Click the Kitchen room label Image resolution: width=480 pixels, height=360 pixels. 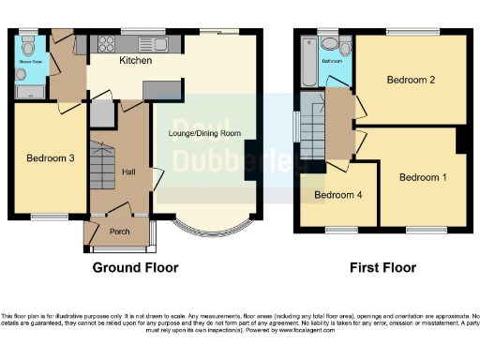click(136, 61)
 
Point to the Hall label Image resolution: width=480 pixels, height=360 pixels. click(129, 171)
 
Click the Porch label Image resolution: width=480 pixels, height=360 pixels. click(120, 231)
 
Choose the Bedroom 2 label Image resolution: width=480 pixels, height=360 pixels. click(412, 80)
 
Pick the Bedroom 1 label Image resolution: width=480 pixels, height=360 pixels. click(423, 177)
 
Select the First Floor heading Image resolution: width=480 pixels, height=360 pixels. click(382, 267)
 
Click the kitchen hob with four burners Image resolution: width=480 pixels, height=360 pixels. click(102, 42)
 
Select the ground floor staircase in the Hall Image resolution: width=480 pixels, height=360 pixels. click(101, 169)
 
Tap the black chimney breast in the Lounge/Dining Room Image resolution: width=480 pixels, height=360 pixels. click(249, 160)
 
